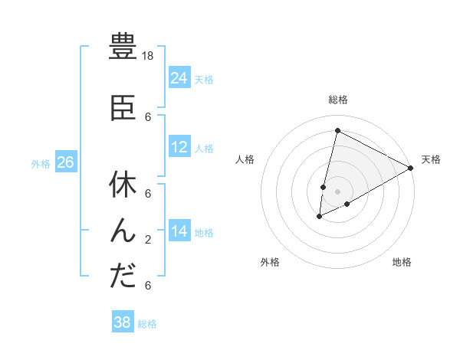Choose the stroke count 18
tap(149, 56)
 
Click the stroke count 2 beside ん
tap(148, 240)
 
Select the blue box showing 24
tap(179, 77)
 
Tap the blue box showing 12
tap(179, 147)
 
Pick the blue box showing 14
tap(179, 231)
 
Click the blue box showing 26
tap(65, 162)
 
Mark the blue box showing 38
tap(123, 322)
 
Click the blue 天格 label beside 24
tap(204, 79)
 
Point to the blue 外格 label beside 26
tap(41, 163)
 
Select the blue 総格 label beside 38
tap(147, 324)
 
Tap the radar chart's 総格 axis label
tap(338, 100)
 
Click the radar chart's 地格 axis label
tap(402, 262)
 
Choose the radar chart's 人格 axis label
tap(245, 159)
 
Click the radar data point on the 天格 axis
tap(411, 169)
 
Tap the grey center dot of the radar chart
tap(337, 191)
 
